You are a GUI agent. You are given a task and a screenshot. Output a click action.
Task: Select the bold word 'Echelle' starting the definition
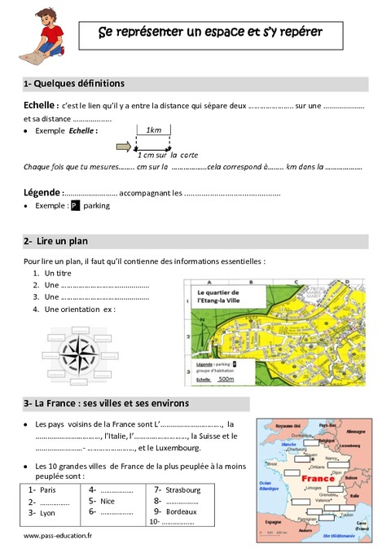[x=41, y=107]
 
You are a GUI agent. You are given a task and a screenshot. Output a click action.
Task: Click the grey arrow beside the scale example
[x=125, y=147]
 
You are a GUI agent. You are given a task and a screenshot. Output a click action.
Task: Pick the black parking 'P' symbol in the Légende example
[x=74, y=206]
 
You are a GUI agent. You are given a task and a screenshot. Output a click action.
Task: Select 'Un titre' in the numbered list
[x=59, y=273]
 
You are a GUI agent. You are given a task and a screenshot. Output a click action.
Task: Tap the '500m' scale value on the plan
[x=226, y=380]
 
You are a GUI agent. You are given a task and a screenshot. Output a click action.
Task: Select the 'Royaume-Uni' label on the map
[x=289, y=425]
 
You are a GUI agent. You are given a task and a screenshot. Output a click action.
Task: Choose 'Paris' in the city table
[x=47, y=490]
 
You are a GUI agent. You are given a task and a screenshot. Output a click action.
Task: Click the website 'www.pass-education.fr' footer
[x=58, y=536]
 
